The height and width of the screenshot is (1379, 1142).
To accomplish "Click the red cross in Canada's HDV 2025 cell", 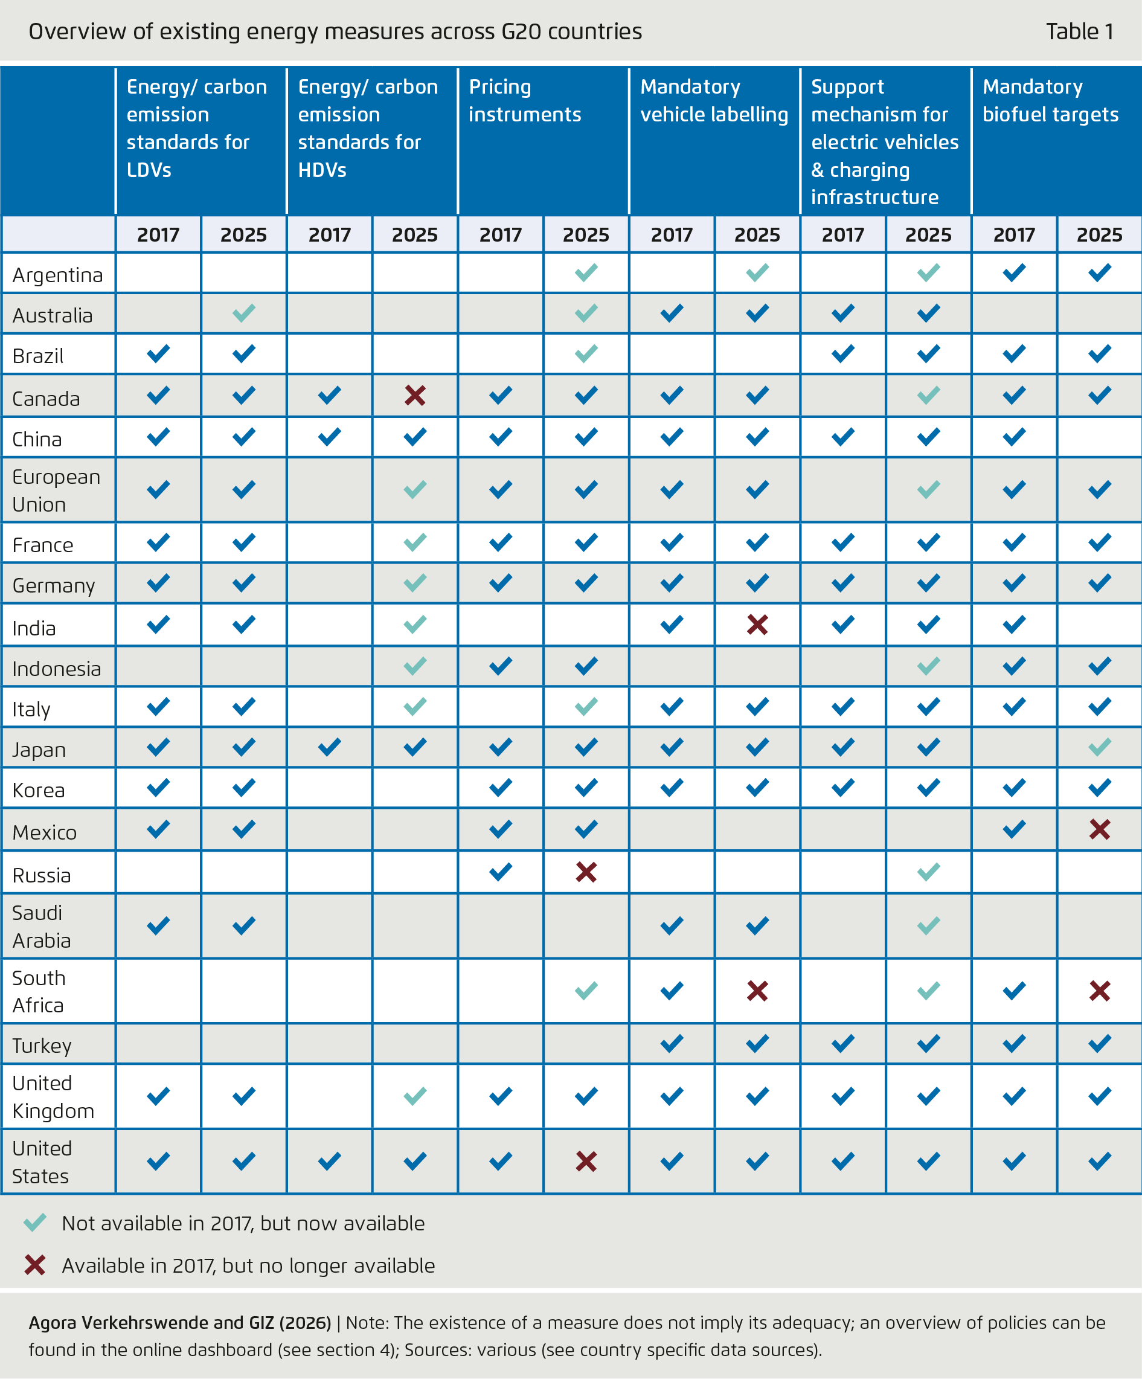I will (x=415, y=395).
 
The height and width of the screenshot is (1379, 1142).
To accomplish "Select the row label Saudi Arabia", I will (x=42, y=926).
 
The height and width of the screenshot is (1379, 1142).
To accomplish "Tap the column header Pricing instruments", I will (x=525, y=100).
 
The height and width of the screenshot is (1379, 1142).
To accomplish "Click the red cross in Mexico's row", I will (x=1099, y=829).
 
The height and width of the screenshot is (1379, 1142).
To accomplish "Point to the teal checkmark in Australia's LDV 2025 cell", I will (x=243, y=313).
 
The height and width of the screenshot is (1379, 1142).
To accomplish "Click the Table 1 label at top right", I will (x=1079, y=31).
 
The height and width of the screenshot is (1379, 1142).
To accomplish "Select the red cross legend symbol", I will (x=35, y=1265).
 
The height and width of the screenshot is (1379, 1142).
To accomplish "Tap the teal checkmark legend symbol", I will (x=35, y=1222).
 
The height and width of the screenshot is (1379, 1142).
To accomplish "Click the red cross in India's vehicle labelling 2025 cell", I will (x=757, y=625).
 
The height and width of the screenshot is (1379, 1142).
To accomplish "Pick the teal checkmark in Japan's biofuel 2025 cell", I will (x=1099, y=747).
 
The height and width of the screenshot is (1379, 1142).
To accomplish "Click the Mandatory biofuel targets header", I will (x=1050, y=100).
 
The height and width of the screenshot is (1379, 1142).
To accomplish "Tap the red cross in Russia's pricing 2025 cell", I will (x=586, y=872).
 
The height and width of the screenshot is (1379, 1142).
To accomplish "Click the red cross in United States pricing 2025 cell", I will (x=586, y=1162).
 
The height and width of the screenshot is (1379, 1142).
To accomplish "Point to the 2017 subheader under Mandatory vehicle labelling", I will (x=671, y=234).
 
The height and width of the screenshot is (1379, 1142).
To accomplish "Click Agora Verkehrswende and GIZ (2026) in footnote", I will (x=180, y=1323).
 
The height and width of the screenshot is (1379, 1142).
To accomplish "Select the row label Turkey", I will (x=42, y=1046).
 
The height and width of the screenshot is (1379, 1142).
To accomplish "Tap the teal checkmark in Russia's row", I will (x=928, y=872).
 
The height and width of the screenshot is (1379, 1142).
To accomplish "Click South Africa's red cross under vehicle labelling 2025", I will (x=757, y=991).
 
